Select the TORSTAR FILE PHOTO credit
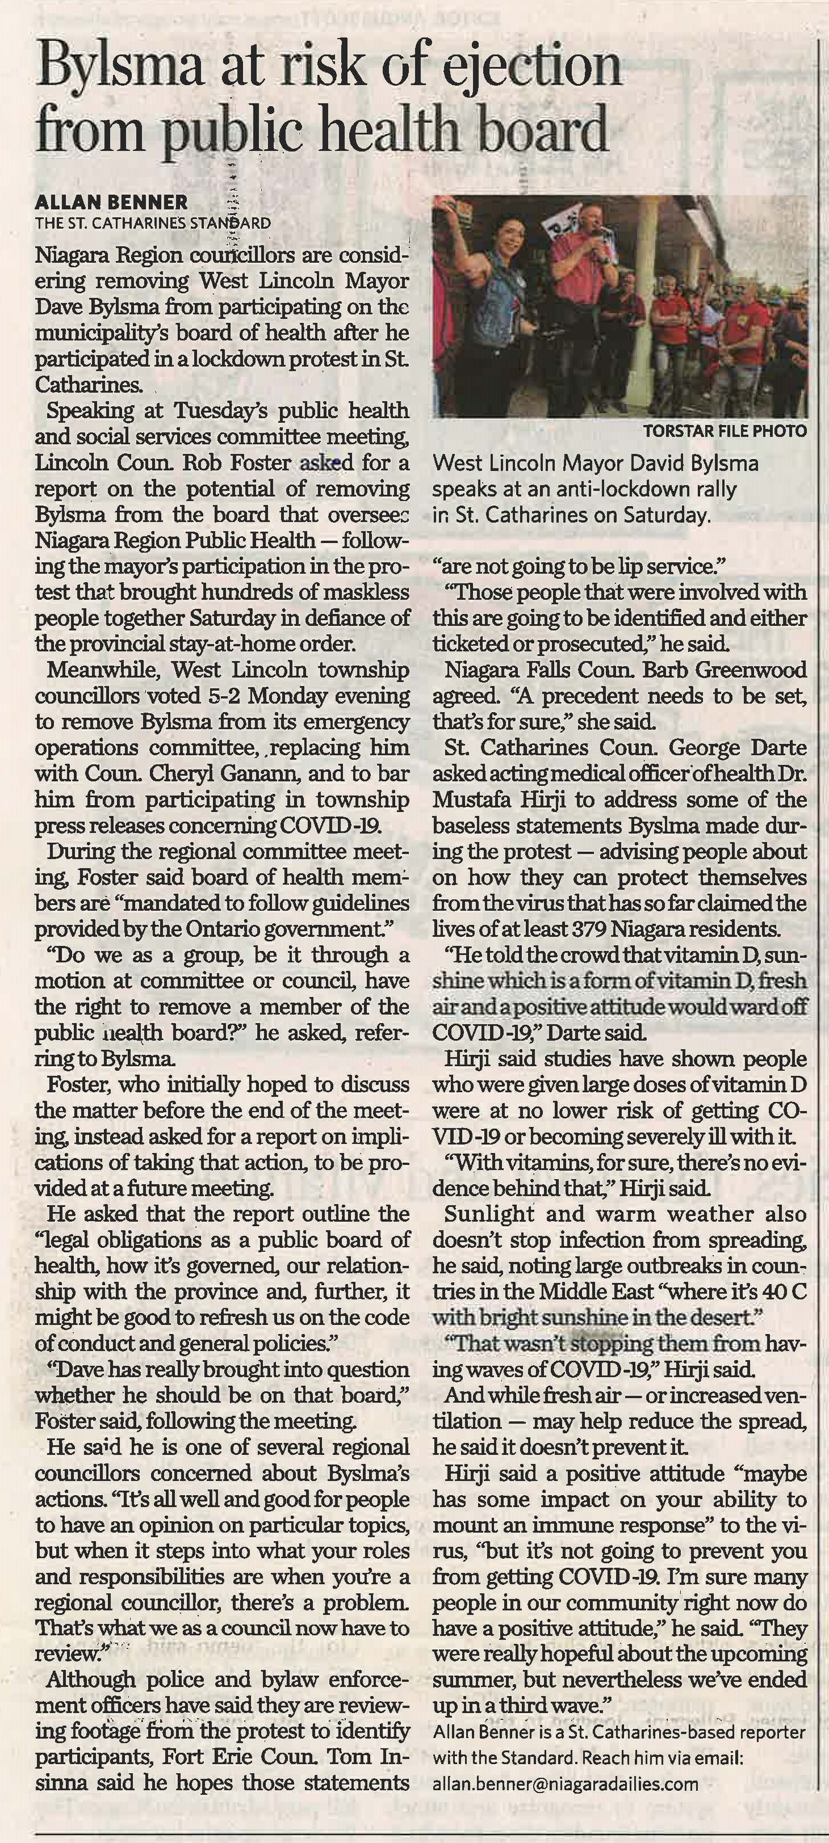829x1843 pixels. pos(725,431)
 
